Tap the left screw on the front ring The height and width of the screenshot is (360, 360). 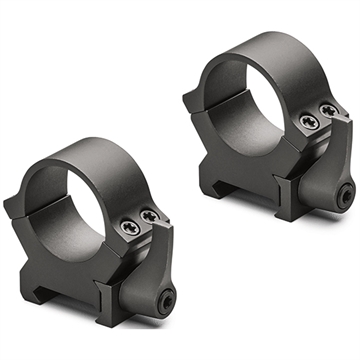point(133,231)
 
